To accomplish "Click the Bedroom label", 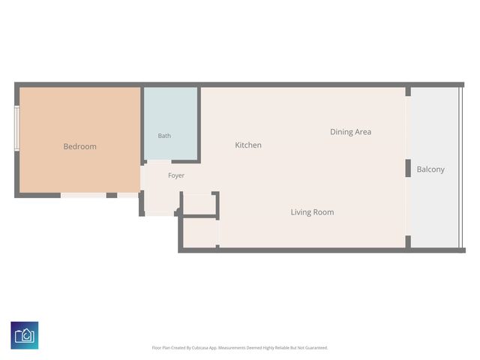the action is point(80,147).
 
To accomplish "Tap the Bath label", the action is point(164,136).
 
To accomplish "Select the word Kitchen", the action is point(248,145).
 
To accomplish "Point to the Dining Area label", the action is point(351,132).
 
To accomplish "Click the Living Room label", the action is point(312,212).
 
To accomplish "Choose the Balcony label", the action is point(430,169).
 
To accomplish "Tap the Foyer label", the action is point(176,175).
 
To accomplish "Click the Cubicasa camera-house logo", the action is point(25,335).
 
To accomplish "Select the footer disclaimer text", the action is point(240,348).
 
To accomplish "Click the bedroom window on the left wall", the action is point(17,128).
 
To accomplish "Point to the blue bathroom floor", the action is point(170,123).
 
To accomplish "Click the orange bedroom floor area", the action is point(80,140).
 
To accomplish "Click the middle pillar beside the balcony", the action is point(408,168).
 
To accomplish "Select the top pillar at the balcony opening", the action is point(408,91).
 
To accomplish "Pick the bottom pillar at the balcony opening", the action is point(408,241).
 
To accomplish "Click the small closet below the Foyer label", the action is point(199,204).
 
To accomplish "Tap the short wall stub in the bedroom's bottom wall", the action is point(112,195).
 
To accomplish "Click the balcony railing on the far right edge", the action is point(460,167).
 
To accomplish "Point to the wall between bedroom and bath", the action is point(142,126).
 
